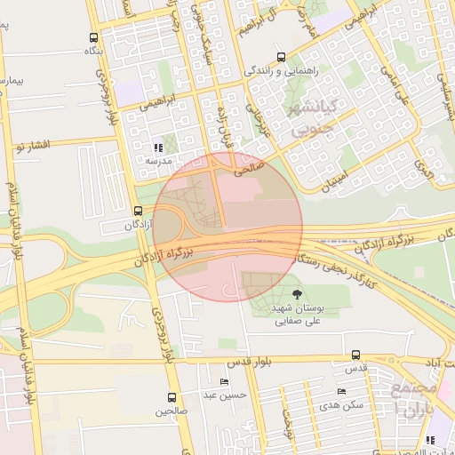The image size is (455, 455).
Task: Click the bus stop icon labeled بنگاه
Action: [94, 38]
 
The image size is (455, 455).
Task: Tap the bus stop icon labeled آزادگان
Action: [138, 211]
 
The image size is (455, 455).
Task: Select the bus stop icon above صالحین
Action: [172, 397]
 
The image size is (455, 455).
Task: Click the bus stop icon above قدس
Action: [356, 355]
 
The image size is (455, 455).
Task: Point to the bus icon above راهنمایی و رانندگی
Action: [282, 55]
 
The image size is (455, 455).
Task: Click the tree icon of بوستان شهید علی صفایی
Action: [297, 292]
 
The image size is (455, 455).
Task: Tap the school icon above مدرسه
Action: [158, 148]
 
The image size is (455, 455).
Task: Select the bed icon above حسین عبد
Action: [224, 381]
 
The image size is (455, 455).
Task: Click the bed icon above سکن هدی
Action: [341, 392]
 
